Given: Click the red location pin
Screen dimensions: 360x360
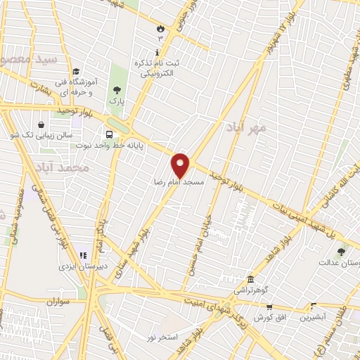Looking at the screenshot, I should coord(181,165).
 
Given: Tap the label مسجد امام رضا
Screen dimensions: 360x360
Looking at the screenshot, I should coord(179,181).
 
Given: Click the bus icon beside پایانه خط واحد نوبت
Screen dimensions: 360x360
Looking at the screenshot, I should coord(109,134).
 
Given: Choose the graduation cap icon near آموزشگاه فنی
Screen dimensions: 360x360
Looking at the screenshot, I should coord(76,70).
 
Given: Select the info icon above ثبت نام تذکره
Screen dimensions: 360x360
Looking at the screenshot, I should coord(157,53).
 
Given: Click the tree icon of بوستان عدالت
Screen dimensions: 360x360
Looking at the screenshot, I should coord(341,252).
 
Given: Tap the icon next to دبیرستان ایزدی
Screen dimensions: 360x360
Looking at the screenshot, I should coord(82,257).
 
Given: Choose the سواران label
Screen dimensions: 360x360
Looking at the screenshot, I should coord(60,302).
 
